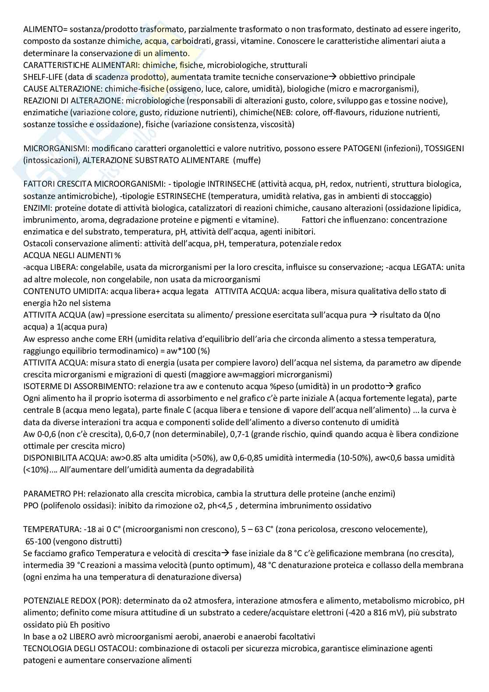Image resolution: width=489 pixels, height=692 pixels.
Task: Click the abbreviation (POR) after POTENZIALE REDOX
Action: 100,600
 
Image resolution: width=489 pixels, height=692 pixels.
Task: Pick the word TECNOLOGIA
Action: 46,648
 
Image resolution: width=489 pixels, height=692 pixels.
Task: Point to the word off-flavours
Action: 344,113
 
